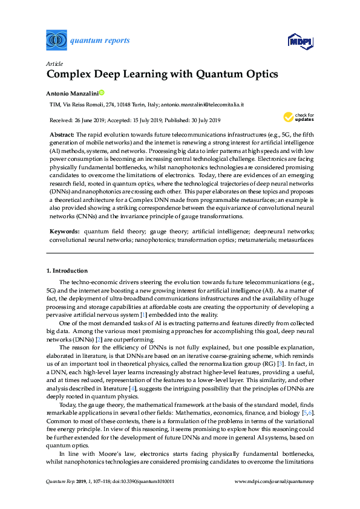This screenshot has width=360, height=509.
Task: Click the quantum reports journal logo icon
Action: (56, 41)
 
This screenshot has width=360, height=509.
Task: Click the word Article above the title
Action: (53, 63)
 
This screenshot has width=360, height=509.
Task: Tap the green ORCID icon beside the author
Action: (101, 93)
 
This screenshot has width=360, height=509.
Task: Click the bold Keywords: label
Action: (64, 232)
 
